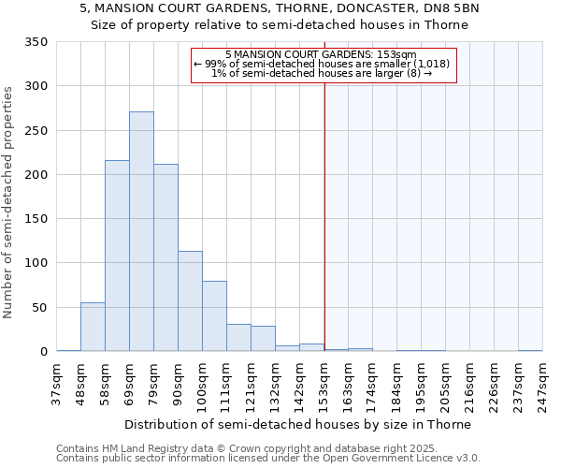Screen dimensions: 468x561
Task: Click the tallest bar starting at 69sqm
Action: point(141,232)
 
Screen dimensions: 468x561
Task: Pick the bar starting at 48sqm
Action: point(93,327)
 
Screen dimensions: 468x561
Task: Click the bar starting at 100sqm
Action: point(214,316)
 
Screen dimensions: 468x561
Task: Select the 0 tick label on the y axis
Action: point(43,352)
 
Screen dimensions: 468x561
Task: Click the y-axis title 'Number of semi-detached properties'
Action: point(8,202)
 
